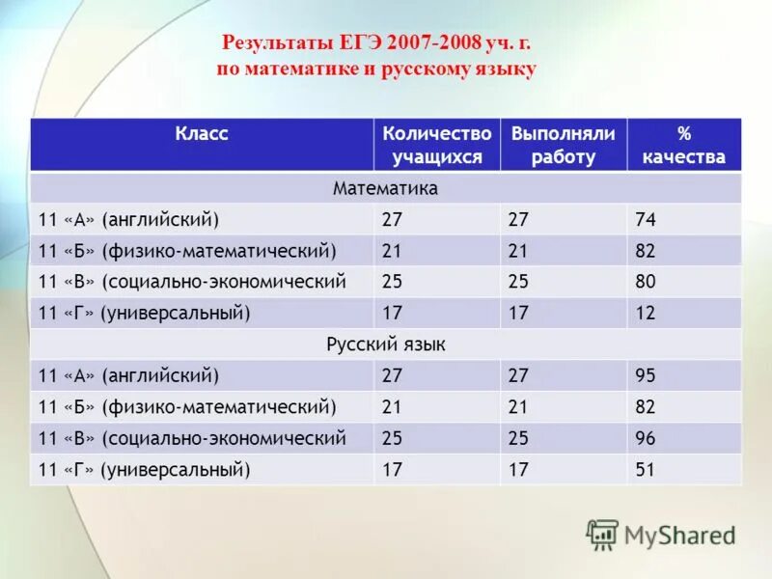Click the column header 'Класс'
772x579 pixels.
[202, 134]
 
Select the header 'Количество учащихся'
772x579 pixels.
[436, 145]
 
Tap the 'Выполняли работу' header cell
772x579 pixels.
[563, 145]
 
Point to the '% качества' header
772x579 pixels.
[683, 145]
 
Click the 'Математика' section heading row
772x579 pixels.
[385, 188]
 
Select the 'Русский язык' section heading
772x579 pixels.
[385, 345]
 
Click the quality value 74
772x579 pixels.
[645, 220]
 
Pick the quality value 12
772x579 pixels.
[645, 313]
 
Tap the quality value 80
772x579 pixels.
[645, 282]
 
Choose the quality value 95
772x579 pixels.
[645, 375]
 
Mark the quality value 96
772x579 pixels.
[645, 438]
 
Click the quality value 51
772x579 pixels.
[645, 470]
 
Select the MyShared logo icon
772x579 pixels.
[602, 534]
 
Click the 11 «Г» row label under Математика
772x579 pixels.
[144, 313]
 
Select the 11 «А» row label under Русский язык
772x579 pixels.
[128, 375]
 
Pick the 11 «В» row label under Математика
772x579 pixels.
[191, 282]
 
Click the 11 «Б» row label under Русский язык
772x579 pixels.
[186, 407]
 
